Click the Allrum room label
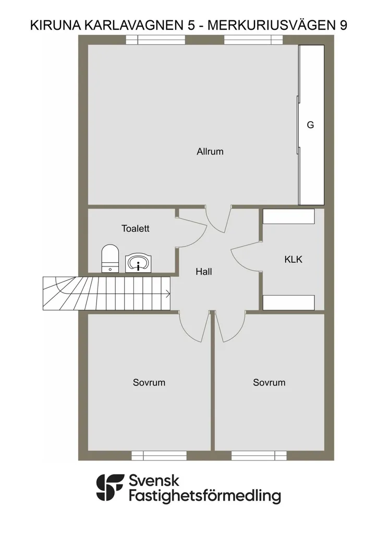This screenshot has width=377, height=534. pyautogui.click(x=210, y=152)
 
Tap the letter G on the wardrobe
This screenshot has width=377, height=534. pyautogui.click(x=310, y=125)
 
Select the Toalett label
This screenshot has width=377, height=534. pyautogui.click(x=136, y=228)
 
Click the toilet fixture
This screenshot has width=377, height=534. pyautogui.click(x=110, y=258)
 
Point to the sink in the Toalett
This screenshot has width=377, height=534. pyautogui.click(x=138, y=263)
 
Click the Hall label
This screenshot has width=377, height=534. pyautogui.click(x=204, y=271)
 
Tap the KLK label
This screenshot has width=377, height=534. pyautogui.click(x=293, y=260)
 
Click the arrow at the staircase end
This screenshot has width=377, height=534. pyautogui.click(x=167, y=294)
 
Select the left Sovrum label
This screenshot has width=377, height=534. pyautogui.click(x=149, y=382)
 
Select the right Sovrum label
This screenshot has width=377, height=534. pyautogui.click(x=269, y=382)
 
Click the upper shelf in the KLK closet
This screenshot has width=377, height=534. pyautogui.click(x=288, y=216)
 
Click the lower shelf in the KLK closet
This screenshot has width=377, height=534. pyautogui.click(x=288, y=303)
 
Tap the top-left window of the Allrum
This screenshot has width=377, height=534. pyautogui.click(x=155, y=40)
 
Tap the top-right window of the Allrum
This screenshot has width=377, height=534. pyautogui.click(x=253, y=40)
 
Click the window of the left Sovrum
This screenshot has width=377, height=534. pyautogui.click(x=159, y=455)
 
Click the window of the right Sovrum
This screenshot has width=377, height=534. pyautogui.click(x=259, y=455)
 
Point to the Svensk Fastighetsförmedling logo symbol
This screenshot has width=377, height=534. pyautogui.click(x=110, y=488)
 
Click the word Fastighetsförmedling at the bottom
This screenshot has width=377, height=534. pyautogui.click(x=205, y=496)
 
